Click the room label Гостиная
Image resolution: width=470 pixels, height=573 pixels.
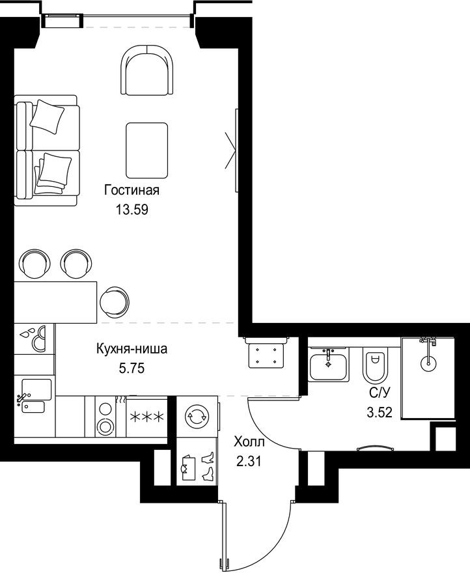[x=131, y=191]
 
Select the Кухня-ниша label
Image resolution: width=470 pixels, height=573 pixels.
[x=132, y=349]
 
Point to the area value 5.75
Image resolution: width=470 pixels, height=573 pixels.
[x=132, y=367]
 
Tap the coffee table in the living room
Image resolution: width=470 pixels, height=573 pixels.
[x=146, y=150]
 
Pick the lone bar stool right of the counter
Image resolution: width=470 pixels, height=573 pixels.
[x=115, y=301]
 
